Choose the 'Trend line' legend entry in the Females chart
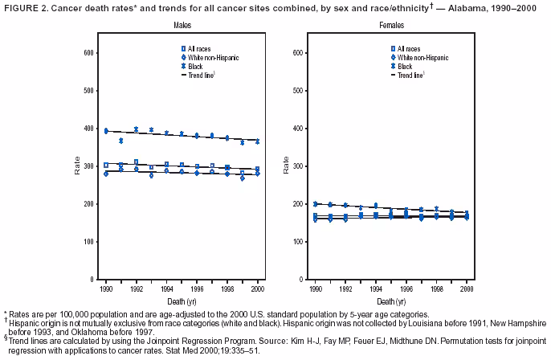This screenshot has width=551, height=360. click(x=411, y=74)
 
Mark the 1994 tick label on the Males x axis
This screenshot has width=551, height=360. click(x=167, y=288)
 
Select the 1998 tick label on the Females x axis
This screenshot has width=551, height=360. click(x=436, y=288)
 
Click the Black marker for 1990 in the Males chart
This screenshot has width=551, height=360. click(x=105, y=130)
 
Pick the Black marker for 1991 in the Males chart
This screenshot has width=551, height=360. click(x=121, y=141)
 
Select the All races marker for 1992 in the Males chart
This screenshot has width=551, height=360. click(x=137, y=162)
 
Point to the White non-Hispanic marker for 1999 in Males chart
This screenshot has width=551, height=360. click(x=242, y=178)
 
